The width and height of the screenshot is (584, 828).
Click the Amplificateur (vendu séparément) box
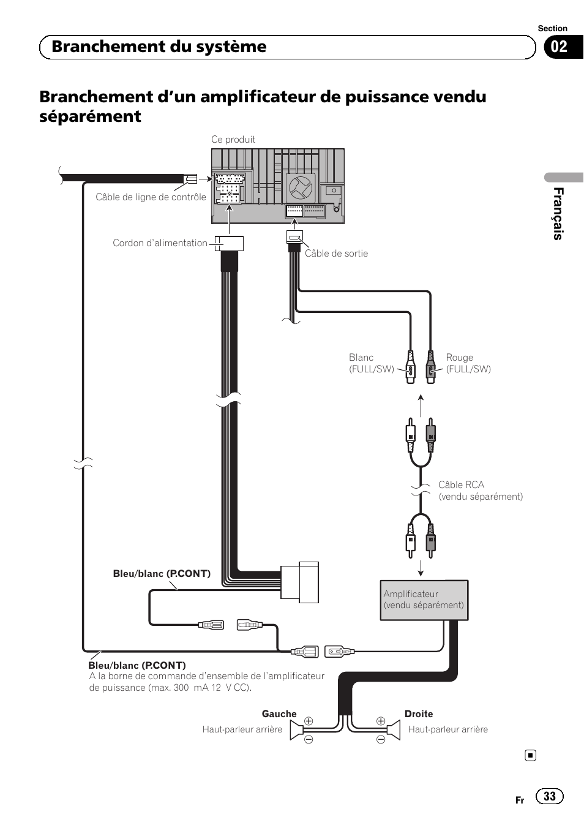[x=424, y=600]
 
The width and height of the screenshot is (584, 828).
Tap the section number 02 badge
[x=559, y=47]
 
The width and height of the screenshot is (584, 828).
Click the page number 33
[x=549, y=796]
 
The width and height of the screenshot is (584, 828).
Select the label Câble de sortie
[x=336, y=254]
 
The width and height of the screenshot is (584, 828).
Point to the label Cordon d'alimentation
[x=160, y=243]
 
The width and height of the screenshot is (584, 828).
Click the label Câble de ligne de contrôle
[x=151, y=197]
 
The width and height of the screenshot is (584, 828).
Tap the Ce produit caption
[x=233, y=140]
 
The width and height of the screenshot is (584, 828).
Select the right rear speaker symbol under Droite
[x=393, y=729]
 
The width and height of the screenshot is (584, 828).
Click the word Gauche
[x=279, y=714]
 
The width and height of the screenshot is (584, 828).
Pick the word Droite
[x=419, y=714]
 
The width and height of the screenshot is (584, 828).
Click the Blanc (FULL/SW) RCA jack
[x=411, y=367]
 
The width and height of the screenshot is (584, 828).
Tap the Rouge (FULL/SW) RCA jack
[x=431, y=367]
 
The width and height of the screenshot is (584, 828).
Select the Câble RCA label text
[x=461, y=485]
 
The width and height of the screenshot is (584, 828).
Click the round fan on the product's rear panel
[x=301, y=187]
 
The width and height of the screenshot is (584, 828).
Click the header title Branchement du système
[x=159, y=47]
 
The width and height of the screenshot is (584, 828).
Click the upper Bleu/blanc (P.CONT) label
[x=162, y=574]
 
